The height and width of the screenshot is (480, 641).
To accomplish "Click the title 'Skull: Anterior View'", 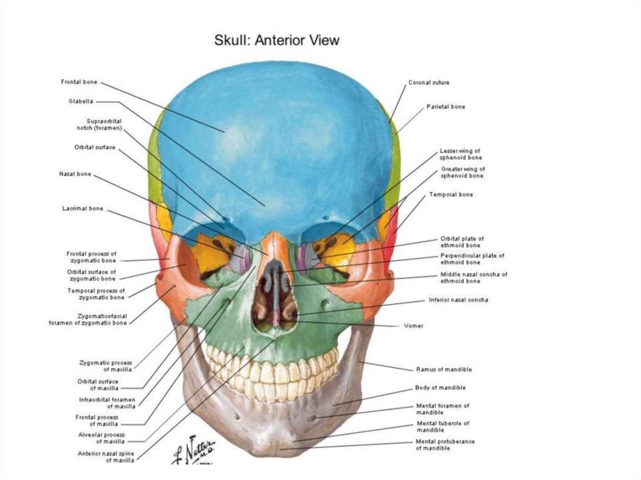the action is [277, 41].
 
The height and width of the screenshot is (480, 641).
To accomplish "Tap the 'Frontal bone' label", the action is [79, 82].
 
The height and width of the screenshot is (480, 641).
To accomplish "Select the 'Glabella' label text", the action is [81, 101].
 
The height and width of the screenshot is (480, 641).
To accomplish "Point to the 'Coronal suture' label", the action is [429, 83].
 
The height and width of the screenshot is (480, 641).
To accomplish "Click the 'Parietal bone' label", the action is [446, 107].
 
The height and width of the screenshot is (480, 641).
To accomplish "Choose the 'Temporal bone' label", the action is [451, 195].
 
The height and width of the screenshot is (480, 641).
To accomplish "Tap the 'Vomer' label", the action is [413, 325].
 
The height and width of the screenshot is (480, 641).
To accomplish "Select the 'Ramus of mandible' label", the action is [444, 369].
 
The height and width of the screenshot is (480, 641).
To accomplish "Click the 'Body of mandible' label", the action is [440, 388].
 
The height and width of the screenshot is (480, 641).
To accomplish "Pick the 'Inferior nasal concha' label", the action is [459, 300].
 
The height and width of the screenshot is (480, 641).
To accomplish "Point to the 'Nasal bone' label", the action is [76, 174].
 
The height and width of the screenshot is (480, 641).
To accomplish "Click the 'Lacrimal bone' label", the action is [83, 208].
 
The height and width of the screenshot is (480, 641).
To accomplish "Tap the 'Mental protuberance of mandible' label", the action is [445, 445].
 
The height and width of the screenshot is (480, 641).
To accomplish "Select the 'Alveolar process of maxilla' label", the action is [102, 438].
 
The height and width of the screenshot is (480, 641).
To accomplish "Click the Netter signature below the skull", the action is [193, 449].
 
